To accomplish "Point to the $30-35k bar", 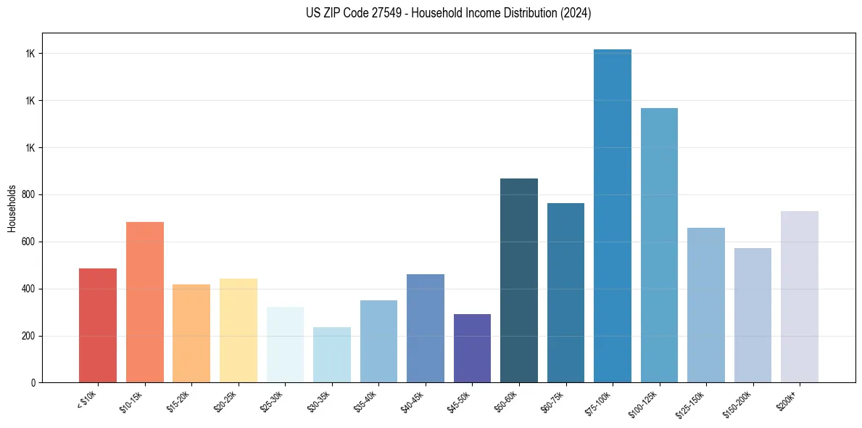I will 332,355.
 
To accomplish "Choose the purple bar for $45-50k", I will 472,348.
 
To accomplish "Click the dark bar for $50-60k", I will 519,280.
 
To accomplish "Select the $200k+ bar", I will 800,297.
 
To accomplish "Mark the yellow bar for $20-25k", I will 239,330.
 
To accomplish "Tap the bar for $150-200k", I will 753,315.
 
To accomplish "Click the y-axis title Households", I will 12,207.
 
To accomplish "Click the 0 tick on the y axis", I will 34,382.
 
